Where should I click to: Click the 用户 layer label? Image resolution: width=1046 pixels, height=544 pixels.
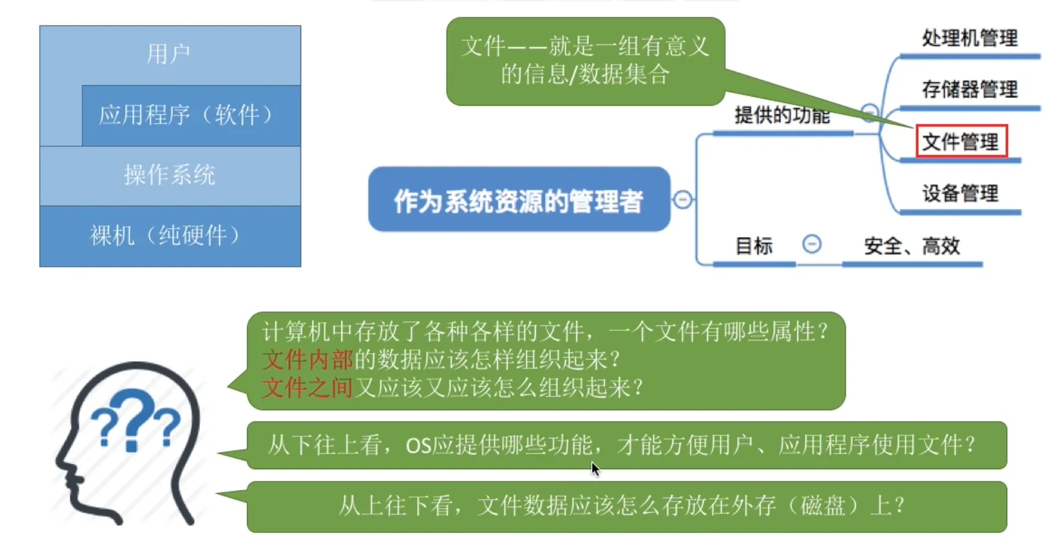[168, 53]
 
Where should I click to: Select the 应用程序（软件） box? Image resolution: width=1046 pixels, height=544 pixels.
[192, 115]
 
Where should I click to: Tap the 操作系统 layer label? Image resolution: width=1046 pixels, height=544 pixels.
[170, 175]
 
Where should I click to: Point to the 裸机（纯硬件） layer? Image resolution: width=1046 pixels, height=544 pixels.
[170, 236]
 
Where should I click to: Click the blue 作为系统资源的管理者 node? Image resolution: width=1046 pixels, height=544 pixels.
[519, 199]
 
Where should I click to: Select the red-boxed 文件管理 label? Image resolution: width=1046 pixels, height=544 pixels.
[962, 141]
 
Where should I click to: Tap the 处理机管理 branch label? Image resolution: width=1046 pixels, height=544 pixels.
[970, 38]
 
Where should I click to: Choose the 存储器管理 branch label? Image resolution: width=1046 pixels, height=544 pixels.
[970, 89]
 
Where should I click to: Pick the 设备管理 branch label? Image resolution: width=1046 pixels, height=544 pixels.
[960, 193]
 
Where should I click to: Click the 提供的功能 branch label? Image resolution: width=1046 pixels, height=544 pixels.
[782, 115]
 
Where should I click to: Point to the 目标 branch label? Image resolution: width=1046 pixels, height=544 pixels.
[754, 246]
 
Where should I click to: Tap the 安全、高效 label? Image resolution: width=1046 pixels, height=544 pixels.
[912, 246]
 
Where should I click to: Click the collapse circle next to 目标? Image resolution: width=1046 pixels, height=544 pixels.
[812, 244]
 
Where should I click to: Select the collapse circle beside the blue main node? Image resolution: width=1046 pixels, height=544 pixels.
[682, 200]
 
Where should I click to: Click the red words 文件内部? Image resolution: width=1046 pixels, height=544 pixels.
[307, 359]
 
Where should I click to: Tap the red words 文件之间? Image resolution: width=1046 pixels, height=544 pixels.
[307, 387]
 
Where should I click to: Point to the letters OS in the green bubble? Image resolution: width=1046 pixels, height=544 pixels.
[419, 445]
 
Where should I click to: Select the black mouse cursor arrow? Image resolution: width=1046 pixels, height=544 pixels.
[595, 469]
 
